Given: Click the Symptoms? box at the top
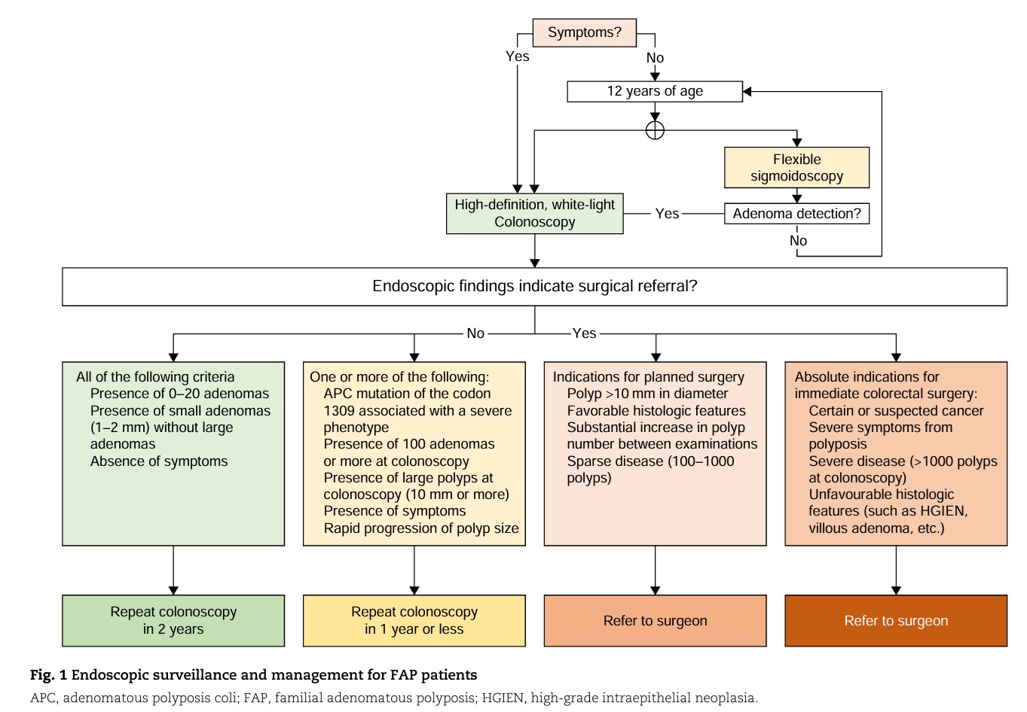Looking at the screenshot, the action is pos(584,32).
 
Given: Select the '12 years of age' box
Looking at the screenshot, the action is pos(655,92).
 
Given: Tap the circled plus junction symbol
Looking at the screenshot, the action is pos(655,130).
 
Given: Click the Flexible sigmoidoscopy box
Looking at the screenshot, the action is pos(797,168).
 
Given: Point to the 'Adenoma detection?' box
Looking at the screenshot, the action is pos(797,214).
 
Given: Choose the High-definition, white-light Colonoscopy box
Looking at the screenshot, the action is pos(534,213).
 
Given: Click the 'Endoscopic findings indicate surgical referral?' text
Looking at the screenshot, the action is pos(534,286).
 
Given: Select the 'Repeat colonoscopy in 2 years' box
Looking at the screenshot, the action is pos(173,620).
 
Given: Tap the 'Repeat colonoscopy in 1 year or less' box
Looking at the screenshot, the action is pos(414,620).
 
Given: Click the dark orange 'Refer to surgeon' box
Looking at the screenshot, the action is pos(896,620).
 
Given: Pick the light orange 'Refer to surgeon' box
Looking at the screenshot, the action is pos(656,620).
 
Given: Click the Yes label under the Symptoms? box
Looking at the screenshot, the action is pos(517,56).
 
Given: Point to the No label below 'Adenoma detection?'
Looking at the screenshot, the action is pos(798,241).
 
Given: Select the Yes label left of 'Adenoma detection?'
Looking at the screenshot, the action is pos(667,214).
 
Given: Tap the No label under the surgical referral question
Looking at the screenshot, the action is pos(475,333).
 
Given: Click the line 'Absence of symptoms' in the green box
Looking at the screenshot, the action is pos(159,461).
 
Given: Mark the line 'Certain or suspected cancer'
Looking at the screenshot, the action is pos(896,411).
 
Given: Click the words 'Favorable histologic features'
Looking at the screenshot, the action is pos(656,411).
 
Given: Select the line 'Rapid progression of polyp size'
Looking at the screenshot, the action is pos(421,528).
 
